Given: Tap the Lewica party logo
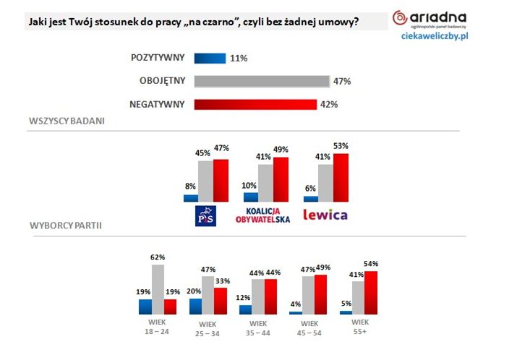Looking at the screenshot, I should pos(325,215).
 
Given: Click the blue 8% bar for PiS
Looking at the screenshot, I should pos(191,198).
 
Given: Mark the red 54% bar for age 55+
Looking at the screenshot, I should pos(369,292).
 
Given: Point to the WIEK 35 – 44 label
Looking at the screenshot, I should pos(258,327).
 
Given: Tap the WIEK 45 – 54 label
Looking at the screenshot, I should pos(309,327).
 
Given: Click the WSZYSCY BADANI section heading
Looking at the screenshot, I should pos(67,121).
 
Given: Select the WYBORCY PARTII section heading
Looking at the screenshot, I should pos(66,226).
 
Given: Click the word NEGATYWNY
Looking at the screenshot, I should pos(158,104).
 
